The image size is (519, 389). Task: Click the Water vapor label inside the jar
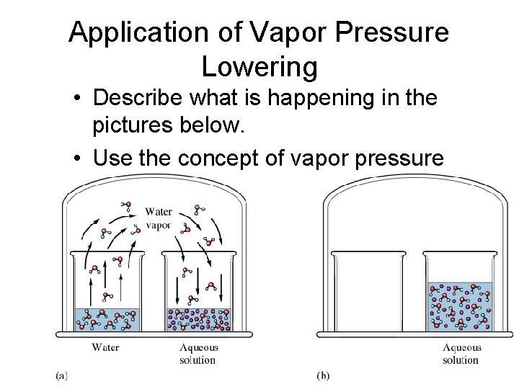(x=158, y=218)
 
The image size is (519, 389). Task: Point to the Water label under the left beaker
(x=105, y=348)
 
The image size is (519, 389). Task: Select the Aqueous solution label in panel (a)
(x=198, y=354)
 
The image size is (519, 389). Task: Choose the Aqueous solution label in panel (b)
(x=461, y=354)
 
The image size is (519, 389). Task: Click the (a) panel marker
(x=62, y=375)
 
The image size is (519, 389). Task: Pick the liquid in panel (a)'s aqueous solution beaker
(x=198, y=319)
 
